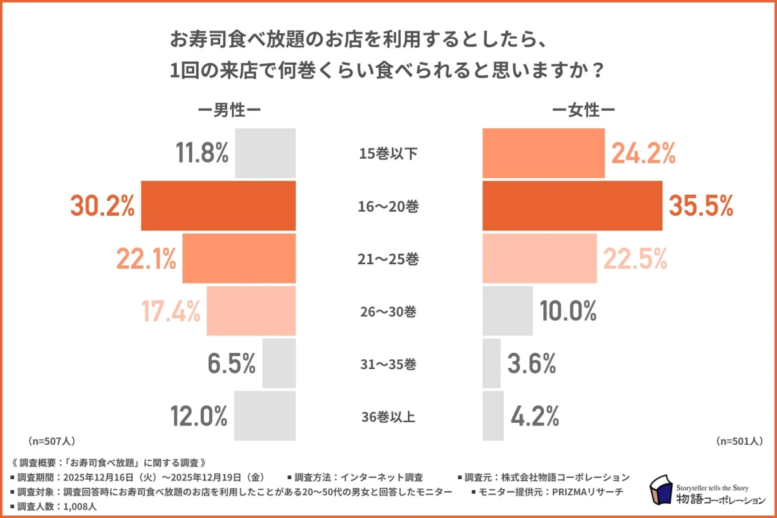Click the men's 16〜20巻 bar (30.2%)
point(218,206)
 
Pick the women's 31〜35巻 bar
point(492,364)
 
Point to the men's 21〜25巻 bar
point(239,258)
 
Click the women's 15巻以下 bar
point(544,153)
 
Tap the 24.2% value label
point(644,153)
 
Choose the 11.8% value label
point(202,153)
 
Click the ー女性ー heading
point(583,110)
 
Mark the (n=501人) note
point(739,441)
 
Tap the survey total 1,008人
point(81,506)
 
